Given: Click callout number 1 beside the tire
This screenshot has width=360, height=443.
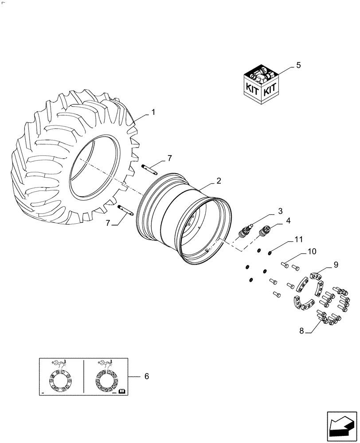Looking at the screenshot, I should (153, 113).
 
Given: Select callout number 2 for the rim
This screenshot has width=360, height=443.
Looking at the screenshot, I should (219, 181).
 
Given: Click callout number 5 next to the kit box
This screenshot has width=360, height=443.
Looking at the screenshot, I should (298, 66).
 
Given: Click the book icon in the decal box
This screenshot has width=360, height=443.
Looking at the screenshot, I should (121, 390).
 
